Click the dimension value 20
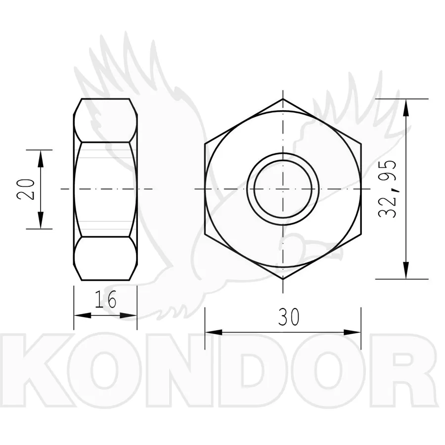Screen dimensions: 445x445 (x=26, y=189)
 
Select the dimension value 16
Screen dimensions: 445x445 (x=105, y=300)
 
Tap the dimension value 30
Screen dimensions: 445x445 (x=289, y=317)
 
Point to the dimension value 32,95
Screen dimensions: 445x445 (x=387, y=189)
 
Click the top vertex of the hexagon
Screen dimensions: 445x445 (x=283, y=99)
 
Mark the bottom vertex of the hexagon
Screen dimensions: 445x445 (x=283, y=279)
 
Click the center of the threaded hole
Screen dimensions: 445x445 (x=283, y=189)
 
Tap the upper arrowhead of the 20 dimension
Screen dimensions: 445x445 (x=41, y=158)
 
